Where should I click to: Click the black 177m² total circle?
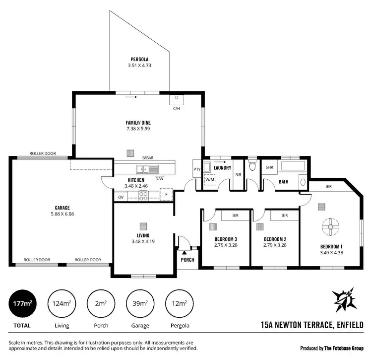click(x=20, y=303)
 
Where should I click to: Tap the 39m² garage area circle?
click(x=140, y=303)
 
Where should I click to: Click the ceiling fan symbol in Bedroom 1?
click(x=329, y=228)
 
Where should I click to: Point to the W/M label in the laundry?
click(x=211, y=180)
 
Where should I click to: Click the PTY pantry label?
click(x=197, y=169)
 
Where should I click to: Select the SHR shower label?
click(x=270, y=168)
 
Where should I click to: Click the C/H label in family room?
click(x=176, y=108)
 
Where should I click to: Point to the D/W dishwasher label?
click(x=159, y=179)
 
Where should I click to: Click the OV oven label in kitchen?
click(x=121, y=197)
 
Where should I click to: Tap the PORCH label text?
click(x=187, y=260)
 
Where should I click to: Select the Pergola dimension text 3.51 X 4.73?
click(x=140, y=65)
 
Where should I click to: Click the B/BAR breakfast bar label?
click(x=148, y=157)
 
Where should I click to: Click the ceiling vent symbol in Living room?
click(x=143, y=225)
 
